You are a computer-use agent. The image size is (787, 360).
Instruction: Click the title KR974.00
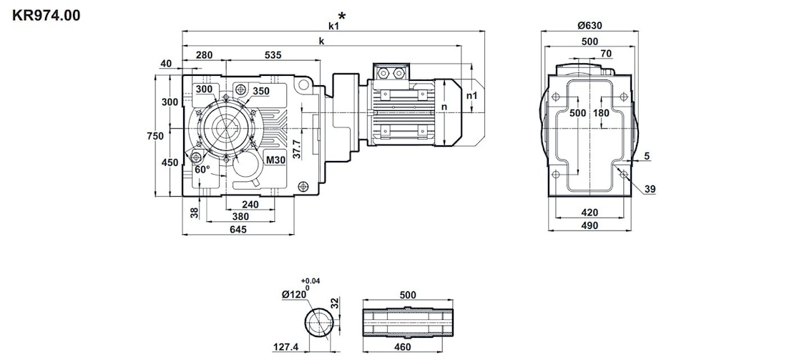coord(47,14)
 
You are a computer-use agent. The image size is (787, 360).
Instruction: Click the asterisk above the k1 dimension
coord(342,16)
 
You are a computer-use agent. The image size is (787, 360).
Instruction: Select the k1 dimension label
coord(333,26)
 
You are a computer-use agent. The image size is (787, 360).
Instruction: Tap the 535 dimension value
coord(273,55)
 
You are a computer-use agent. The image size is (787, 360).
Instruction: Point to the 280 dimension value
coord(205,55)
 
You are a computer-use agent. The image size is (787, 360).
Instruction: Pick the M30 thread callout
coord(276,160)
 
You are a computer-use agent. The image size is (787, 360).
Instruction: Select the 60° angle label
coord(202,170)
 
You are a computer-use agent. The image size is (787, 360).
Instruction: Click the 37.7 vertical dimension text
coord(297,148)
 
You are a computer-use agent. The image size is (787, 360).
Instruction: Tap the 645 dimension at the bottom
coord(238,230)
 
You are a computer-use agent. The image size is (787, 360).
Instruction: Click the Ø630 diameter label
coord(590,26)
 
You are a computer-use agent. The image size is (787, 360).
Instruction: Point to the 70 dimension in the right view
coord(606,54)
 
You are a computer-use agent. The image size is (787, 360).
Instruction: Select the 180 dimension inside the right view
coord(602,113)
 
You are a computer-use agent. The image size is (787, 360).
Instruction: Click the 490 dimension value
coord(590,225)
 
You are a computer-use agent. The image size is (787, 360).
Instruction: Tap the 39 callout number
coord(650,189)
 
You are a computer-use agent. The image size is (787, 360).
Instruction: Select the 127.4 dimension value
coord(285,349)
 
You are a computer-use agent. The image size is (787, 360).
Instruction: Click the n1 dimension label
coord(471,95)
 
